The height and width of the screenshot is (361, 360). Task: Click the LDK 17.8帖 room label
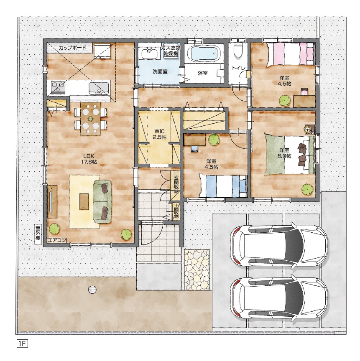(89, 159)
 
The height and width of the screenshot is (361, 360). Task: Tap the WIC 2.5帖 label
(159, 134)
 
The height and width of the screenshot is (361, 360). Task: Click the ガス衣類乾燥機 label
(171, 50)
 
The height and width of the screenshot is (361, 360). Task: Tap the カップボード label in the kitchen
(72, 48)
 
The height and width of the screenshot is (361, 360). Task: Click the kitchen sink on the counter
(99, 89)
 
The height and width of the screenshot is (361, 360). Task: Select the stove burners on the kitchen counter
(58, 87)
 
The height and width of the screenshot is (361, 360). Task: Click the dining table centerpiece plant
(90, 119)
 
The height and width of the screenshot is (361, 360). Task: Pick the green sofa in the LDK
(102, 202)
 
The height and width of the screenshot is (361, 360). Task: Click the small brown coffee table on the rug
(84, 201)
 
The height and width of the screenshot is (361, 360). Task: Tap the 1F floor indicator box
(22, 344)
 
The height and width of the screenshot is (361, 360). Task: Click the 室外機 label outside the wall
(38, 234)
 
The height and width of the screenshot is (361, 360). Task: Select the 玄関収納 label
(176, 184)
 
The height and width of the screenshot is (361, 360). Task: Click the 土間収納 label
(176, 211)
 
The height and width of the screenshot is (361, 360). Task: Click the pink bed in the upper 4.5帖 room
(291, 54)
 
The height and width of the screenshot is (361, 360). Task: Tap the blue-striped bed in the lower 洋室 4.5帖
(223, 186)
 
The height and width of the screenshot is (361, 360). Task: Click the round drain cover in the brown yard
(92, 290)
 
